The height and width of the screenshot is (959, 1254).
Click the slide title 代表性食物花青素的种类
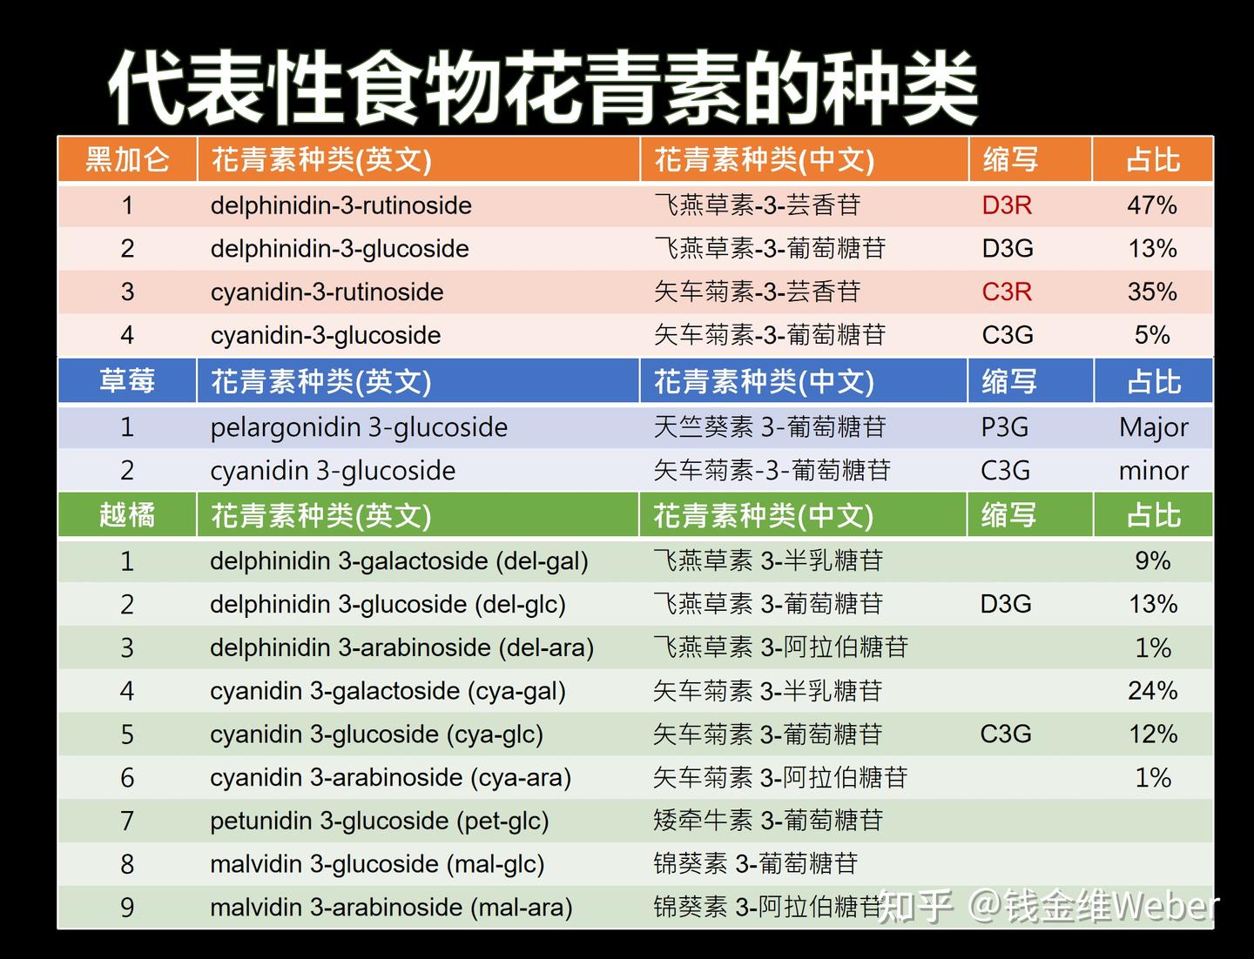coord(543,87)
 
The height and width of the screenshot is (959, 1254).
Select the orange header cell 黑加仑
coord(127,159)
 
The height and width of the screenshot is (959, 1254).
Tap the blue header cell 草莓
coord(127,381)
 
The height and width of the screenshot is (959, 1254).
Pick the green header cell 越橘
coord(127,515)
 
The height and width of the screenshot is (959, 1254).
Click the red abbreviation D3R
coord(1007,205)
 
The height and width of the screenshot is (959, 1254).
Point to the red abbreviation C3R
coord(1007,292)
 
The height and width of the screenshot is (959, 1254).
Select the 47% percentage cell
coord(1152,205)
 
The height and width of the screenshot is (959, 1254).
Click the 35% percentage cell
coord(1152,292)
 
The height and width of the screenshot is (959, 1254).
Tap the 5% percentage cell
coord(1152,335)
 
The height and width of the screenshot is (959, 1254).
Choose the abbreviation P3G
coord(1004,427)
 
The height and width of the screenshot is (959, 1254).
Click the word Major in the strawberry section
coord(1154,428)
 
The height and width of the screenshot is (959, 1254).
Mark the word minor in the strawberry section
coord(1154,471)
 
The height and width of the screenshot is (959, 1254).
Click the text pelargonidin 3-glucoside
coord(359,428)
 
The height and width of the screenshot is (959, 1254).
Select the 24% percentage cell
coord(1152,691)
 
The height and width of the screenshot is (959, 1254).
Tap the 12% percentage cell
coord(1153,734)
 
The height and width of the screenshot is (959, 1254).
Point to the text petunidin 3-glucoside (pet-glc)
coord(380,822)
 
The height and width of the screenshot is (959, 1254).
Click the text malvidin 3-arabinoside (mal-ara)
coord(391,908)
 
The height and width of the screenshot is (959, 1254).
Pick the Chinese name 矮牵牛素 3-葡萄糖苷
coord(768,821)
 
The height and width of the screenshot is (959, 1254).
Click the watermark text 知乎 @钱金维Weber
coord(1048,906)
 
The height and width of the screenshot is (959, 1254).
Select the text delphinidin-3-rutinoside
coord(341,205)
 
